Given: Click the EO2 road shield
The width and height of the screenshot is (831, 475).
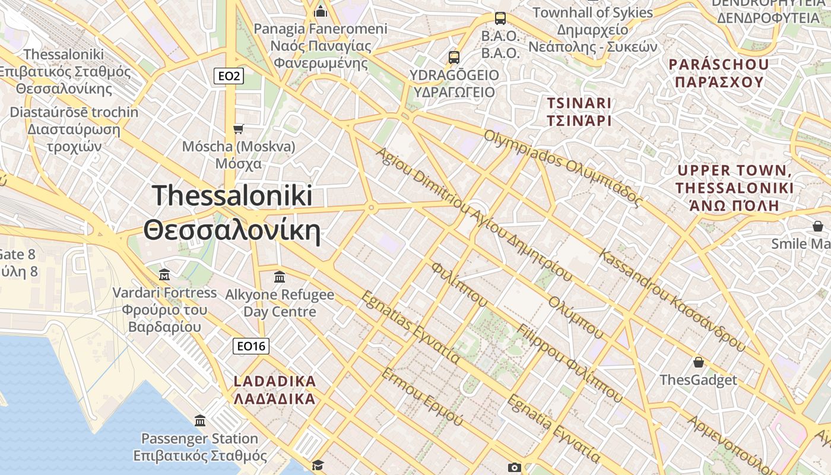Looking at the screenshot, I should [229, 76].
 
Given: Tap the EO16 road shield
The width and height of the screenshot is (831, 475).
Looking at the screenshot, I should [250, 346].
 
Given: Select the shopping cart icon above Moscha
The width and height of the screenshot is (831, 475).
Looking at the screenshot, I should [239, 129].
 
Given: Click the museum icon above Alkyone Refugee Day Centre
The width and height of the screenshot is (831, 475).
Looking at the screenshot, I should [280, 277].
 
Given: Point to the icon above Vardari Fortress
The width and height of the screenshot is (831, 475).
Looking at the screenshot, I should [164, 274].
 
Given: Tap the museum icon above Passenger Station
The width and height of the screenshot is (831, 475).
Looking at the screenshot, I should [200, 421].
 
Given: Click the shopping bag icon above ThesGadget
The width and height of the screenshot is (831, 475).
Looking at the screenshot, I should [699, 362].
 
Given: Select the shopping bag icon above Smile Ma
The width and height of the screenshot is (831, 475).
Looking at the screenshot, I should [818, 226].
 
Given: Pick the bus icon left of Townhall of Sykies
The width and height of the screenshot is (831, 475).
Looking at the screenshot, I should [500, 18].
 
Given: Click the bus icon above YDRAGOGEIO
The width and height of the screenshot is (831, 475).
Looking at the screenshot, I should [454, 58].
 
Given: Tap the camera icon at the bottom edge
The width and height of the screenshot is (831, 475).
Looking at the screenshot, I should [515, 468].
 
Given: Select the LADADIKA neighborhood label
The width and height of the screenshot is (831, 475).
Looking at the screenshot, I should [275, 389].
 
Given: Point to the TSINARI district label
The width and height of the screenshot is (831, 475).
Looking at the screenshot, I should [579, 112].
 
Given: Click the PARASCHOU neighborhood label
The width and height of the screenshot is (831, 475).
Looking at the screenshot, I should [719, 72].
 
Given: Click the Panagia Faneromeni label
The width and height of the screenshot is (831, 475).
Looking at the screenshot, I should [321, 45].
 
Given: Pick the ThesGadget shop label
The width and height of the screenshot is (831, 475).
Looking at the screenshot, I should [698, 380].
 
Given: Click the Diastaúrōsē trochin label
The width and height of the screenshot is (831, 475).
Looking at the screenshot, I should [74, 129].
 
